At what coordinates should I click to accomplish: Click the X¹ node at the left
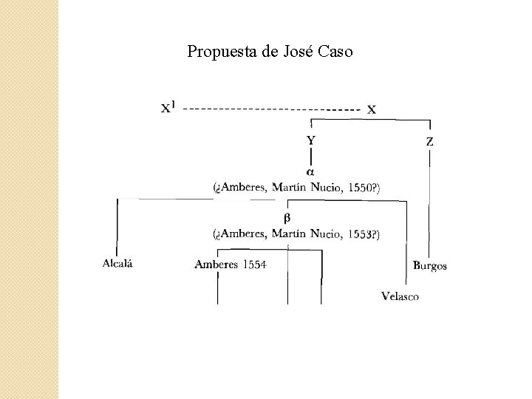169,108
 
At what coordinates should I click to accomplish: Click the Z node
430,140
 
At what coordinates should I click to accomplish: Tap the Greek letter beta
288,218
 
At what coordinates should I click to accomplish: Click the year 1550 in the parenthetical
359,188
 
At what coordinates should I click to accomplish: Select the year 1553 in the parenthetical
359,235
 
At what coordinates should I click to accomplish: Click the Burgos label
430,265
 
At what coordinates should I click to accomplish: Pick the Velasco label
400,296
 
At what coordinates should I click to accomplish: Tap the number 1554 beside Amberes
253,265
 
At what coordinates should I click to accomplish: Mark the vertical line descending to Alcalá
117,225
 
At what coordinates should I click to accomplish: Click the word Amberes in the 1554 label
216,265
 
